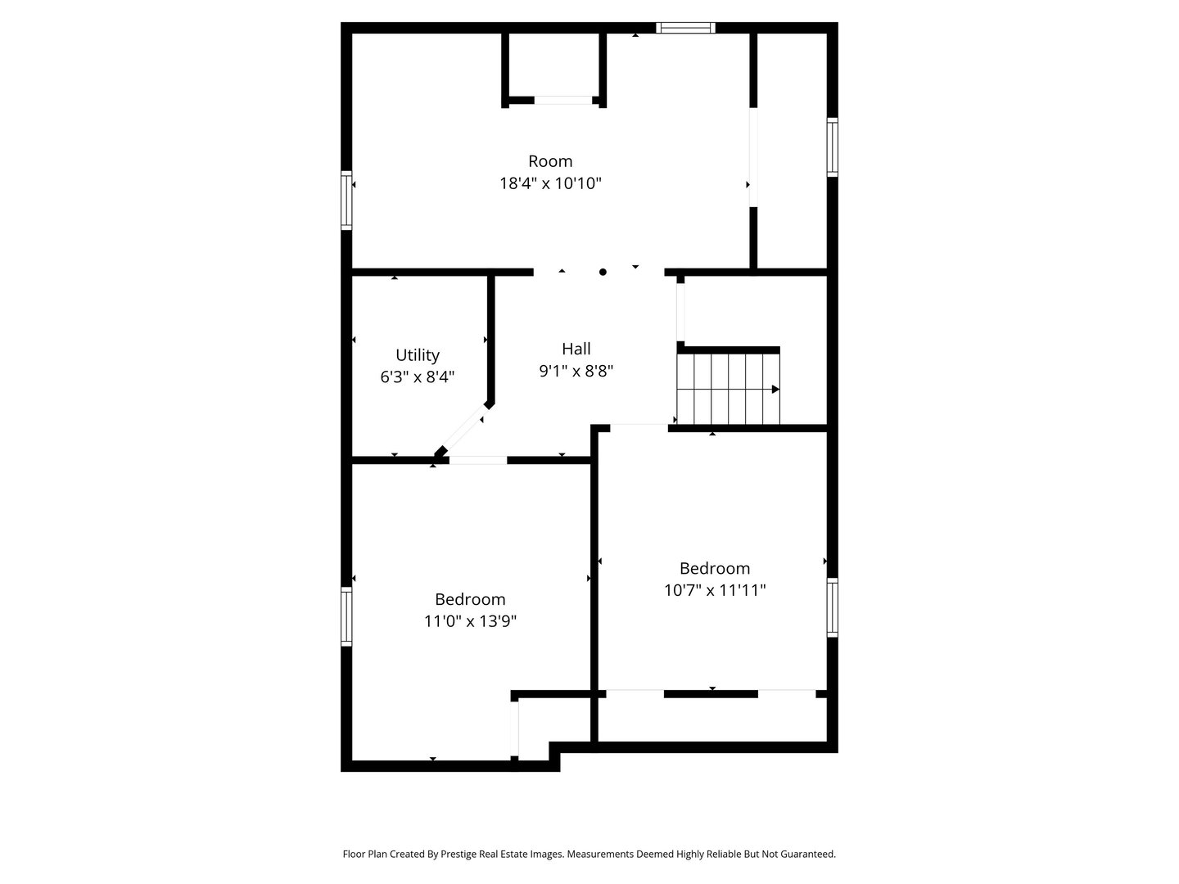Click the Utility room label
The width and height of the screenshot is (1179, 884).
(418, 355)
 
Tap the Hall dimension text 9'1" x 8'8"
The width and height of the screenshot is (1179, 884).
(576, 371)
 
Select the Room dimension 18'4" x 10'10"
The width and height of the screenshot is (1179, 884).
(550, 183)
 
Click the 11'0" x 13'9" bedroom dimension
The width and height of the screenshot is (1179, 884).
(470, 621)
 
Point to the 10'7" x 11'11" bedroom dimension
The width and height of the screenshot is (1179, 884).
(715, 590)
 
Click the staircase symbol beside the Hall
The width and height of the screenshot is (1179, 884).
(728, 389)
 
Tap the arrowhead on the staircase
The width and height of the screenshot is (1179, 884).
(775, 390)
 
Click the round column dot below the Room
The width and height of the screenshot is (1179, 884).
(603, 272)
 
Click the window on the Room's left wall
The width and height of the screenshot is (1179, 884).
(346, 200)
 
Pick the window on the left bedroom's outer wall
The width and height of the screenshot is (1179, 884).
(346, 616)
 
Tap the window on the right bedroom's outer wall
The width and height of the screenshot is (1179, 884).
(832, 607)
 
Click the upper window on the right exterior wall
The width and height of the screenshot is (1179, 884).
(832, 147)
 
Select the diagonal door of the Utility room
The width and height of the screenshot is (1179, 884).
(463, 432)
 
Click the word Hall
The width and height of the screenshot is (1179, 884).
(576, 349)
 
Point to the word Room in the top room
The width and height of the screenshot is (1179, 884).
(550, 161)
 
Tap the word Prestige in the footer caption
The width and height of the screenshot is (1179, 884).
(463, 854)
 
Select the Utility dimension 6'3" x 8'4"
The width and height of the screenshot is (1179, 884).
(418, 377)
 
